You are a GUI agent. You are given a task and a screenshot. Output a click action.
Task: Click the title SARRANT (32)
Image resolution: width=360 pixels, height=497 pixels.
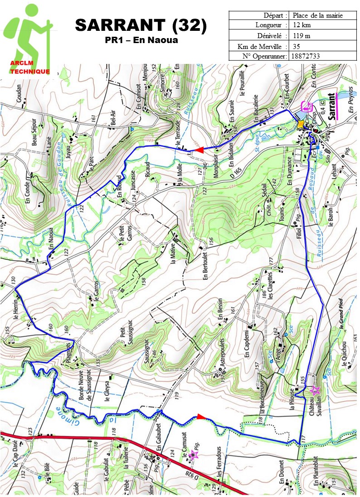click(141, 26)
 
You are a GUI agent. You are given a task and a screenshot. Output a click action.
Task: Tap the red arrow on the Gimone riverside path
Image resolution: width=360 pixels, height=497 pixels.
click(200, 417)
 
